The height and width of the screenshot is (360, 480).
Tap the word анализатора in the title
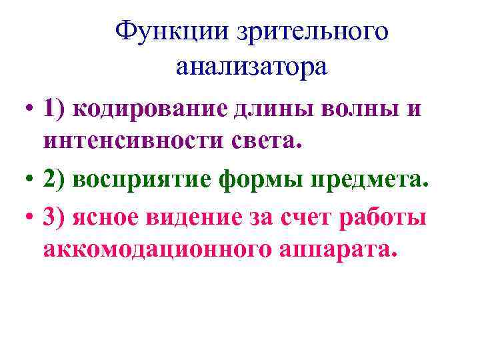click(x=253, y=67)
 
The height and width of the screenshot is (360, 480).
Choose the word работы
click(x=387, y=217)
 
